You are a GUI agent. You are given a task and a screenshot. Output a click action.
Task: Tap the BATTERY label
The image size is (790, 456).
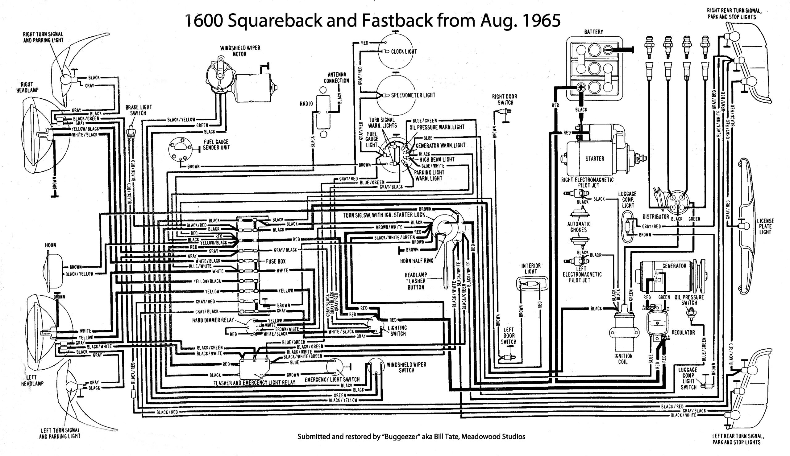pos(593,32)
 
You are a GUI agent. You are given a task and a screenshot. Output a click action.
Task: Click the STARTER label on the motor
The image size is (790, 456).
pos(594,159)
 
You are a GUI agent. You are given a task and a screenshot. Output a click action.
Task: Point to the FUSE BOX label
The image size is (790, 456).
pos(276,261)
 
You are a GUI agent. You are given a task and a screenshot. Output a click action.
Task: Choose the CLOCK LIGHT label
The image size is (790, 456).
pos(404,52)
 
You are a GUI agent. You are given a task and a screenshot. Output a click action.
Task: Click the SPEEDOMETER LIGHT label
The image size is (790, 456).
pos(413,95)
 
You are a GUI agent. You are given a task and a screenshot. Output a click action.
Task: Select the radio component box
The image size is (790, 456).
pos(323,112)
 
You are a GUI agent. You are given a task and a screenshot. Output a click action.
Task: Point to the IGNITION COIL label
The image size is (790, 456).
pos(623,359)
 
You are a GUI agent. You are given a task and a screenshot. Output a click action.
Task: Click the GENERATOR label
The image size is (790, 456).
pos(674,266)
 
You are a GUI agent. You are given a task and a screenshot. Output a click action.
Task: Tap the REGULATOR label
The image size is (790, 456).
pos(683,333)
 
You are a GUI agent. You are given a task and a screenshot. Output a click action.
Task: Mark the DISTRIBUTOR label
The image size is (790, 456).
pos(655,216)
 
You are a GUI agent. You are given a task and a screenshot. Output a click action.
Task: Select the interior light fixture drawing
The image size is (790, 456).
pos(531,284)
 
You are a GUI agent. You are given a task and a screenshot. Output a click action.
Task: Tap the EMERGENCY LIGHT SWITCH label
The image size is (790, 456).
pos(332,380)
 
